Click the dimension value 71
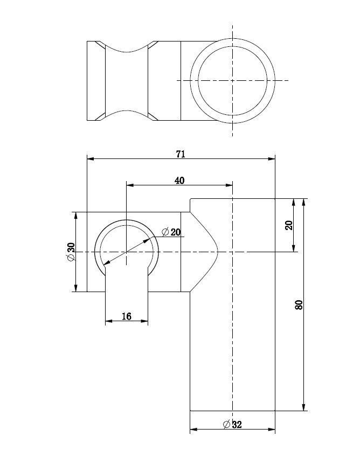tap(181, 154)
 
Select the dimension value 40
tap(179, 181)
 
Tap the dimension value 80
tap(299, 305)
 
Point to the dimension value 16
tap(127, 316)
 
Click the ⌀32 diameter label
tap(232, 424)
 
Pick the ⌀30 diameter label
tap(71, 252)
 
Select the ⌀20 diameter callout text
tap(171, 232)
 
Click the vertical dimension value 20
tap(289, 225)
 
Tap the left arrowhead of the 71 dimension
tap(91, 159)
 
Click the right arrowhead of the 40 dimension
tap(229, 185)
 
